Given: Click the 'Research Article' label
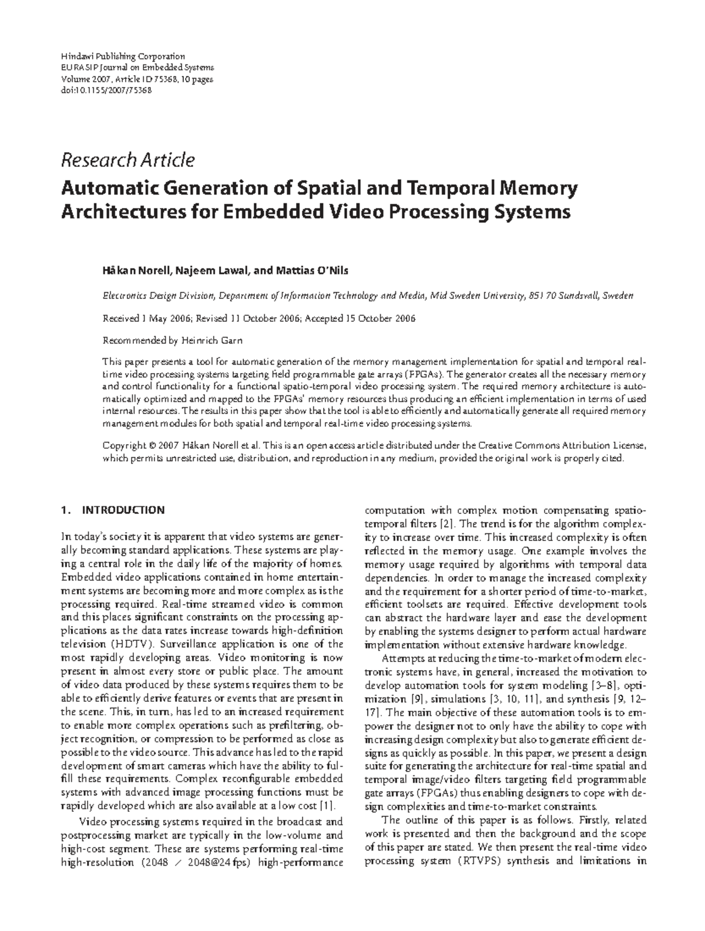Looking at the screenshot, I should [127, 160].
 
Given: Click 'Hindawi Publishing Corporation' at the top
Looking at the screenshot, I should [123, 56].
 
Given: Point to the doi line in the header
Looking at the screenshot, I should [106, 90].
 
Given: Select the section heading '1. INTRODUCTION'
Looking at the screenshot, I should [113, 510].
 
